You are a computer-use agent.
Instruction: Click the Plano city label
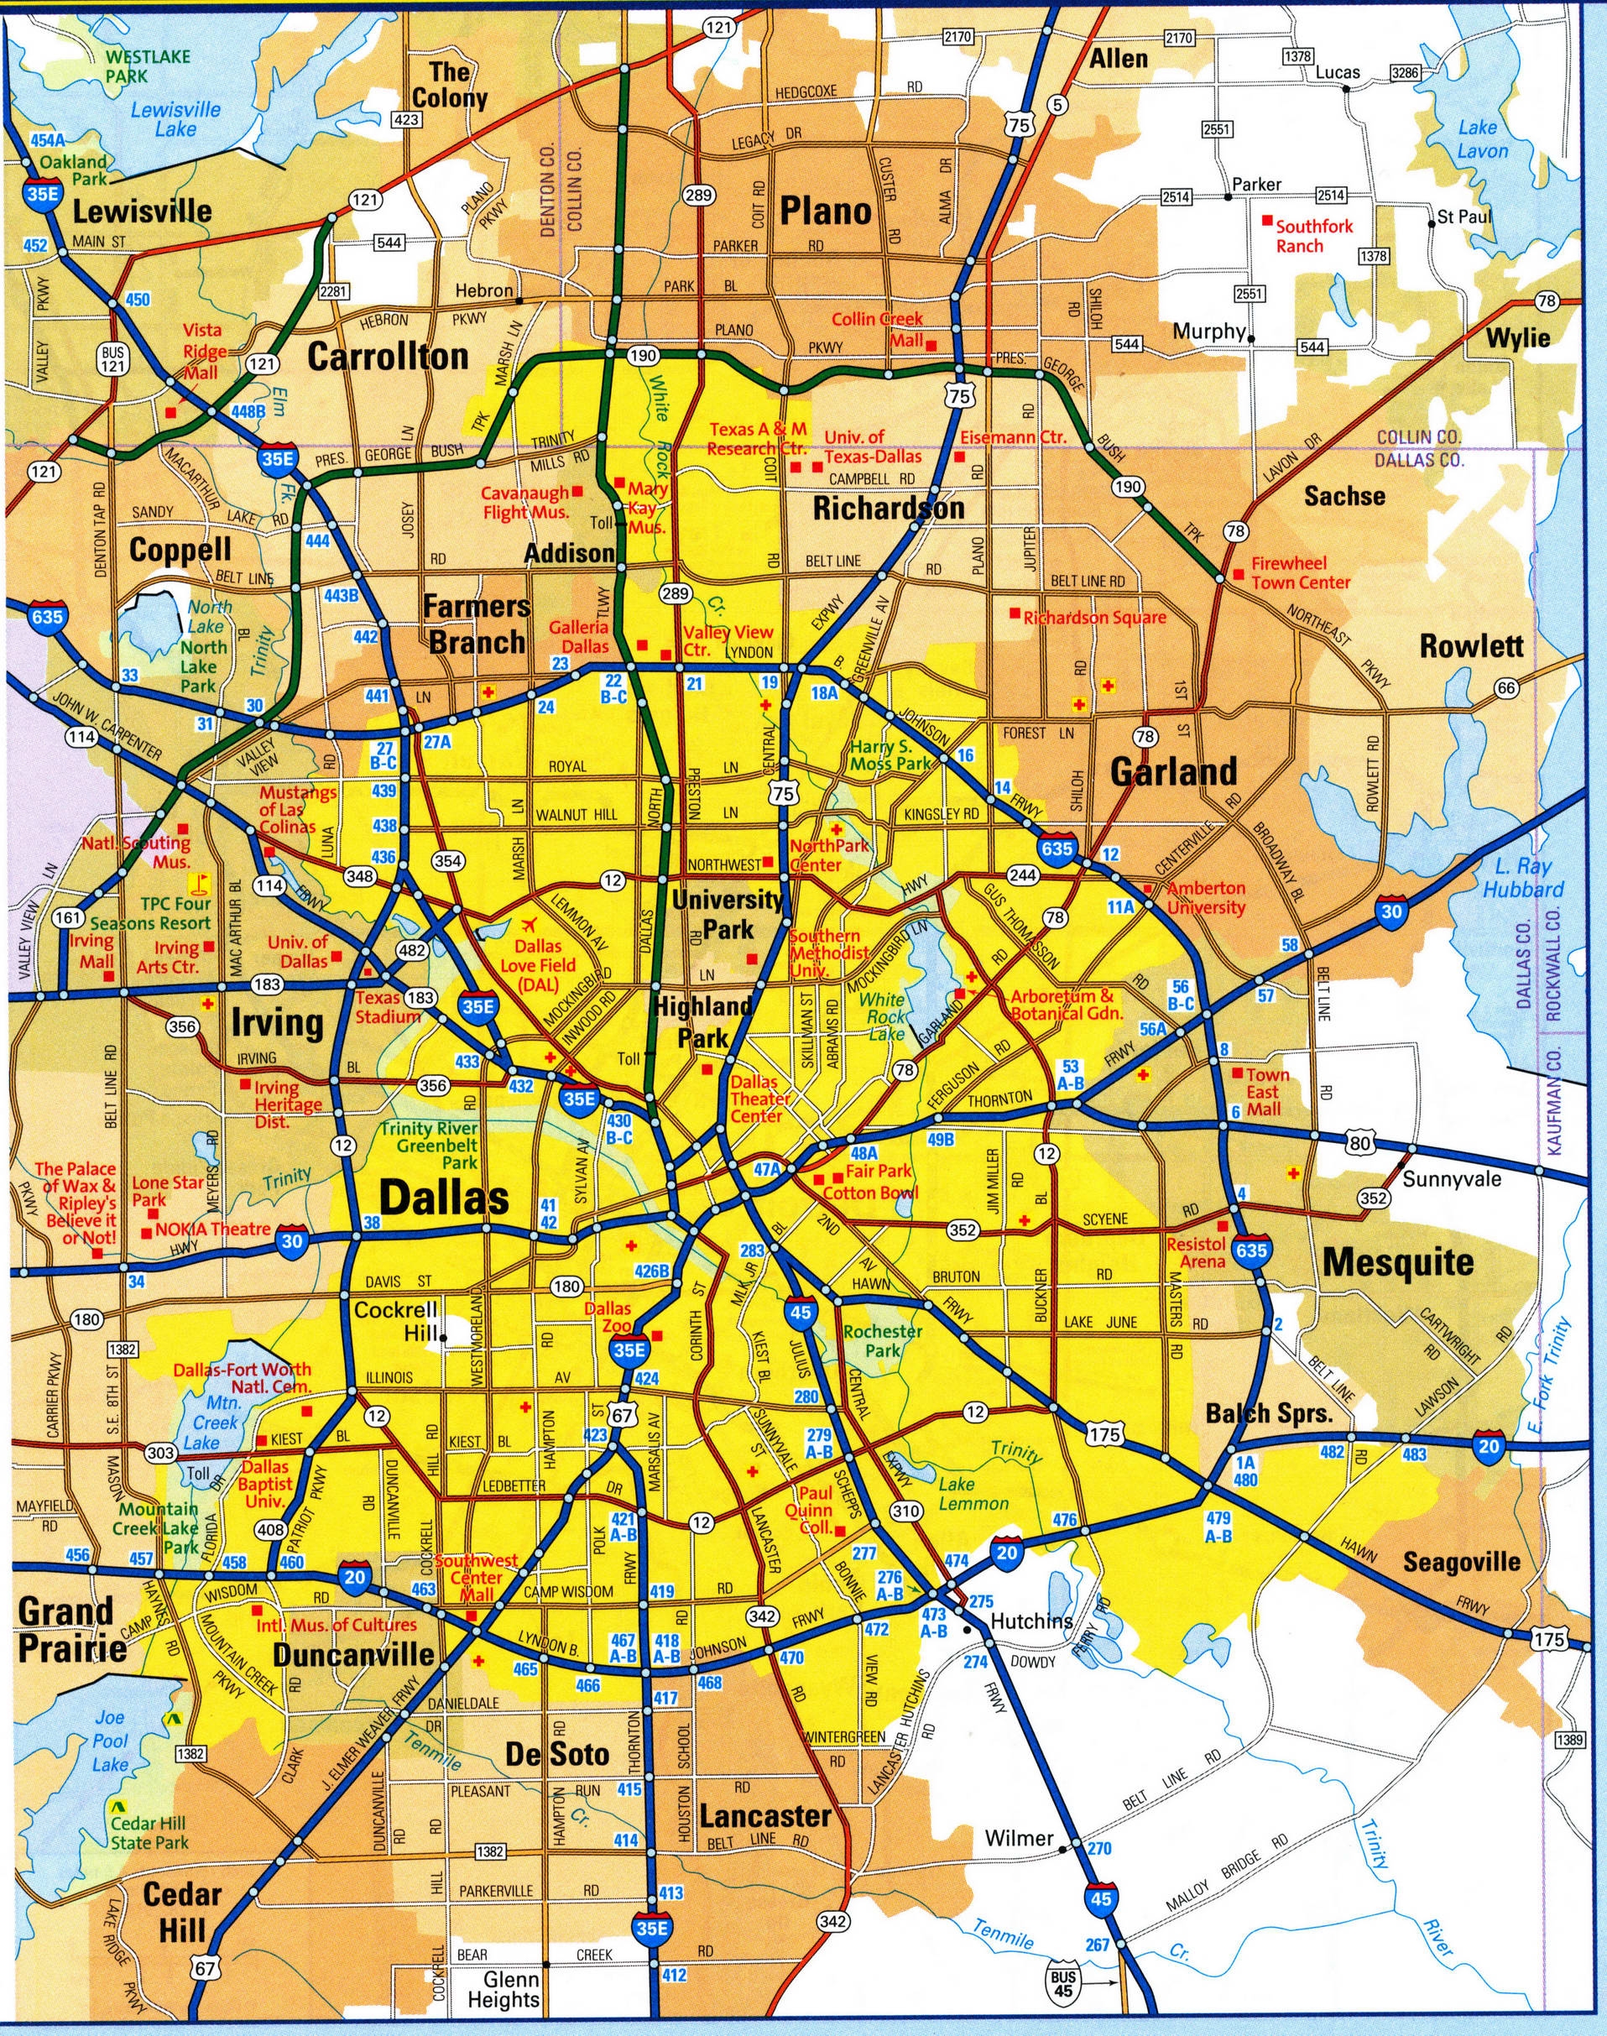click(x=825, y=211)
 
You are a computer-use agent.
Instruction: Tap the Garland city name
click(x=1173, y=771)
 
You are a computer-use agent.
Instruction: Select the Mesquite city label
click(x=1398, y=1261)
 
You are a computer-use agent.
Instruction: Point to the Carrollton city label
click(x=388, y=357)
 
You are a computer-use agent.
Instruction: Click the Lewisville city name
click(x=143, y=210)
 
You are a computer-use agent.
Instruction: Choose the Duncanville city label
click(x=354, y=1653)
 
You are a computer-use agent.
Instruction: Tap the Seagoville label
click(x=1461, y=1562)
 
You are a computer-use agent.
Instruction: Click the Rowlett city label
click(x=1472, y=646)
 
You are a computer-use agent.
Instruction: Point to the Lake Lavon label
click(x=1483, y=139)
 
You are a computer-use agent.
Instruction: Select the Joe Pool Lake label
click(x=110, y=1740)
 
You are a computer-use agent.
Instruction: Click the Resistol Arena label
click(x=1196, y=1252)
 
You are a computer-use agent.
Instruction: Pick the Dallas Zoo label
click(x=608, y=1318)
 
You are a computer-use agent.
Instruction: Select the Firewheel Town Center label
click(x=1299, y=573)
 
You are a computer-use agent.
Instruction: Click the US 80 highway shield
click(x=1359, y=1144)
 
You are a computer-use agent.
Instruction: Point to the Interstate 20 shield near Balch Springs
click(x=1489, y=1446)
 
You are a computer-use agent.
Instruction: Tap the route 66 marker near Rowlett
click(x=1506, y=688)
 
